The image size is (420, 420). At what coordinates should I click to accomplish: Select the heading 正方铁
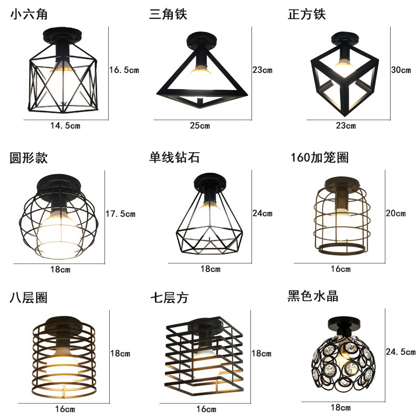307,14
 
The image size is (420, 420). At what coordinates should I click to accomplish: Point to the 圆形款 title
29,157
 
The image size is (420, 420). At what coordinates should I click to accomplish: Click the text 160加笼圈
319,157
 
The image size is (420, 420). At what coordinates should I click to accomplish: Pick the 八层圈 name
29,298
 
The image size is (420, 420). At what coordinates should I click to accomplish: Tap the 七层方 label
169,298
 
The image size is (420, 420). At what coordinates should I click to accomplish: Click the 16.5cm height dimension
124,70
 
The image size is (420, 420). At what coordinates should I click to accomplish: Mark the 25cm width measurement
202,125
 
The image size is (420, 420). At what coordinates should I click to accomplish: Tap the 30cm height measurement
401,70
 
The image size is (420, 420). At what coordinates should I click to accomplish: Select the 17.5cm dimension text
121,214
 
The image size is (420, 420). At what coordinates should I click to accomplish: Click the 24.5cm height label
401,352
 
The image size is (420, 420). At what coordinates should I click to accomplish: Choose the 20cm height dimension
396,214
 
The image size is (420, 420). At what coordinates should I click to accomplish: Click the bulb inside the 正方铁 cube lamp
345,66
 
